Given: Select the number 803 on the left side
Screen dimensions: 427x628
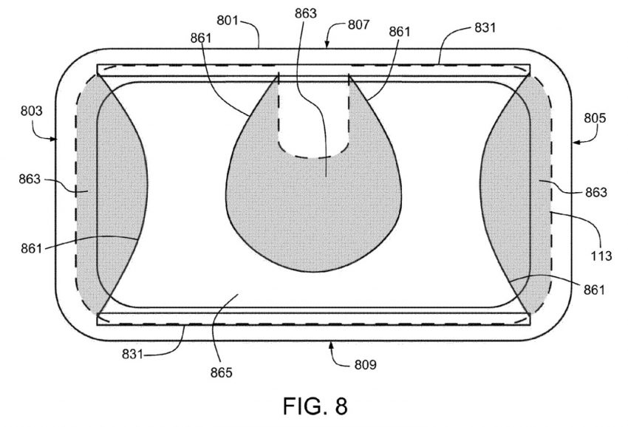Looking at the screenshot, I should pos(32,112).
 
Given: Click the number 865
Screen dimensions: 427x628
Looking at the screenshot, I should pos(220,372).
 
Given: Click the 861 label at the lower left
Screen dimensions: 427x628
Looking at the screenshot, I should pos(30,248).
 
